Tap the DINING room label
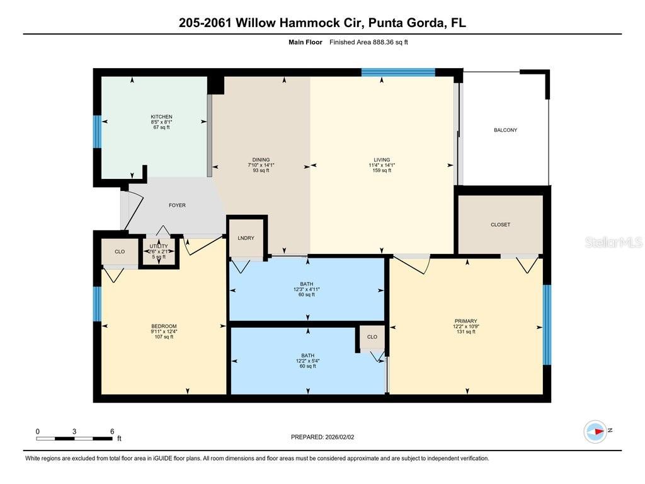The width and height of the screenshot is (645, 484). (261, 159)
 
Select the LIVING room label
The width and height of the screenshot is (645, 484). (382, 159)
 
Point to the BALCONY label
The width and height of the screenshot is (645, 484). (505, 130)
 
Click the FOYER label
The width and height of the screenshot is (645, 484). (177, 205)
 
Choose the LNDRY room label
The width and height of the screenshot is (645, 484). (246, 238)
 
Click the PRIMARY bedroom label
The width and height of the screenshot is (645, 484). (465, 321)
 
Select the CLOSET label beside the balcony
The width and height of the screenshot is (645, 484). (500, 224)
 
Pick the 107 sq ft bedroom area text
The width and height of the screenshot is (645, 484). (163, 337)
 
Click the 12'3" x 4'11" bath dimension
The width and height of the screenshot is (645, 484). (307, 289)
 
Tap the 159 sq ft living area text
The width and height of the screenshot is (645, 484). (382, 170)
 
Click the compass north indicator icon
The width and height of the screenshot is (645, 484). (596, 431)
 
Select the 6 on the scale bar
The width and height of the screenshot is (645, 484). (112, 432)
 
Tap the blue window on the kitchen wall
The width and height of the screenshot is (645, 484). (97, 131)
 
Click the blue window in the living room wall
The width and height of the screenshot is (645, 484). (398, 72)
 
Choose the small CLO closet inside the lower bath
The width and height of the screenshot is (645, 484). (372, 337)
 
